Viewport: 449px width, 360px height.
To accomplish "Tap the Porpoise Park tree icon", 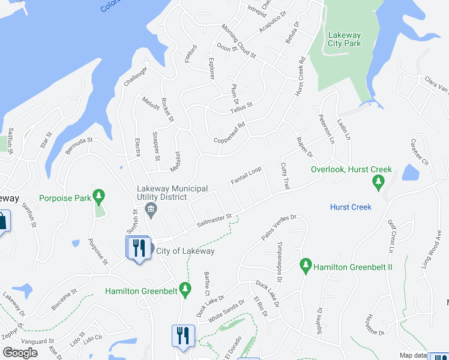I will [x=100, y=196].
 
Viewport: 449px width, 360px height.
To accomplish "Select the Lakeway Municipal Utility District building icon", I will [x=151, y=209].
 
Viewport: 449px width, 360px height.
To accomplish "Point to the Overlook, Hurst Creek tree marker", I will [x=378, y=182].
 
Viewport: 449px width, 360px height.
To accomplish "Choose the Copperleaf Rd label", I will [x=229, y=133].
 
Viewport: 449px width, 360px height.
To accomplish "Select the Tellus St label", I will [x=241, y=107].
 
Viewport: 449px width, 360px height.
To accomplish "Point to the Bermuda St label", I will [x=79, y=148].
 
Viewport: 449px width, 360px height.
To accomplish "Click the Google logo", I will [x=20, y=353].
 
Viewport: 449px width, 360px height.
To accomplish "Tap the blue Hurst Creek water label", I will [x=351, y=207].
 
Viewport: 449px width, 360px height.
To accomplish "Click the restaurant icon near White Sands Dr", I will [x=182, y=335].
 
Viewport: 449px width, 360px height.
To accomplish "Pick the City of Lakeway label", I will [x=185, y=251].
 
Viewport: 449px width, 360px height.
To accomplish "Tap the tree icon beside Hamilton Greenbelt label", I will [x=185, y=289].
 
